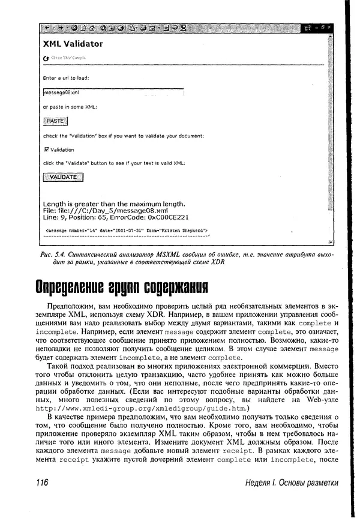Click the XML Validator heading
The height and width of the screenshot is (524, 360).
[73, 44]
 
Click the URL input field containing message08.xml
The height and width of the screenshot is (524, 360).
[113, 92]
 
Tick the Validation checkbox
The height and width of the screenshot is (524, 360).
[47, 149]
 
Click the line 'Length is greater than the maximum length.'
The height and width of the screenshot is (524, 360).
[114, 203]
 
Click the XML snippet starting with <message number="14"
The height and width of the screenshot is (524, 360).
[127, 230]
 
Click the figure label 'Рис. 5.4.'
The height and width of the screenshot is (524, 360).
[55, 254]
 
